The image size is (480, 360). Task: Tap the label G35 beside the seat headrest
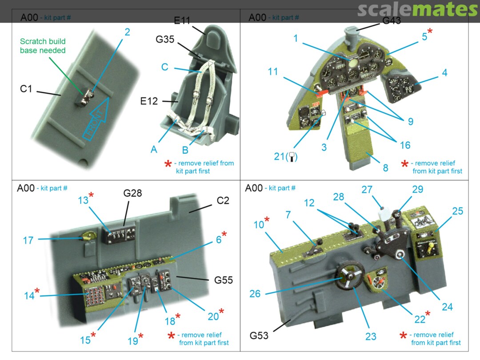(x=165, y=39)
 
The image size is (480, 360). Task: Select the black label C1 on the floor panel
(x=26, y=89)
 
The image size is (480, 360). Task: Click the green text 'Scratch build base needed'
(x=43, y=46)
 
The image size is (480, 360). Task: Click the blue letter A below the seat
(x=154, y=149)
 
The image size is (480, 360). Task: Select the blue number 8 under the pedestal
(x=385, y=168)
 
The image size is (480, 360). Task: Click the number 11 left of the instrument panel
(x=273, y=71)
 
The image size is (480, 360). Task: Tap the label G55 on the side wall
(x=224, y=280)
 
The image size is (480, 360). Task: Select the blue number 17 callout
(x=28, y=240)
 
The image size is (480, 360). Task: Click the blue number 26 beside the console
(x=255, y=294)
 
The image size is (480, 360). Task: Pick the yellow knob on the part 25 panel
(x=430, y=248)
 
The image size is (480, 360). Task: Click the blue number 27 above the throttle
(x=367, y=190)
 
